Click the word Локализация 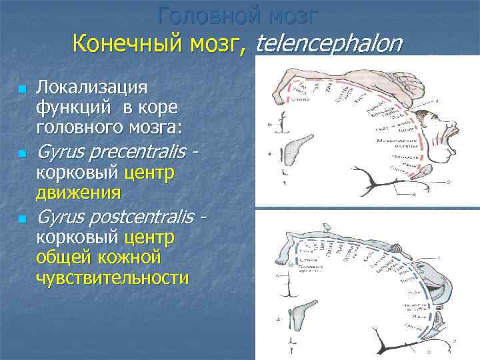(92, 87)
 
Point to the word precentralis (138, 153)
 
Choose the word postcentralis (142, 217)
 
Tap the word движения (78, 193)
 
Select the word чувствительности (111, 277)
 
